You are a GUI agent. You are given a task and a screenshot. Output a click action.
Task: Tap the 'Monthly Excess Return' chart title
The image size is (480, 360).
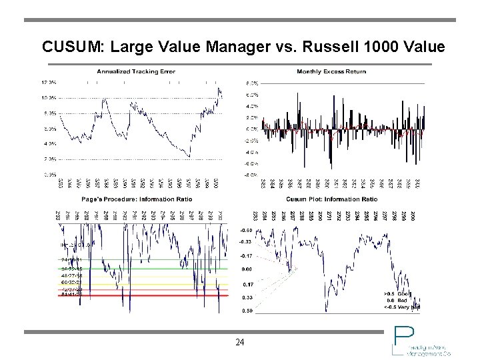[331, 71]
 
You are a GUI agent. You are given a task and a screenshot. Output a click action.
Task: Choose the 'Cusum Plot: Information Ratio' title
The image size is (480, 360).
[331, 199]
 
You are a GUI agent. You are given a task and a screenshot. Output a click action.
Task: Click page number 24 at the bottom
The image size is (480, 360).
[240, 343]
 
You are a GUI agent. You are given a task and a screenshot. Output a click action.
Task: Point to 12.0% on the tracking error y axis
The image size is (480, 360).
[49, 83]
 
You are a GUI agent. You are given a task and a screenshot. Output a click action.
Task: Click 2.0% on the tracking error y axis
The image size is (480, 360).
[49, 159]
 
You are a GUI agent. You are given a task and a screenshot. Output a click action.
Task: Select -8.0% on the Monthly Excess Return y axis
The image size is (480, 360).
[251, 175]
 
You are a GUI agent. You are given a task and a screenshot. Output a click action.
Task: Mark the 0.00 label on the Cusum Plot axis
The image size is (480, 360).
[247, 269]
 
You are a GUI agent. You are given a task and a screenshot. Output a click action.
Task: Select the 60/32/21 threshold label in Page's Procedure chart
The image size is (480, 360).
[71, 281]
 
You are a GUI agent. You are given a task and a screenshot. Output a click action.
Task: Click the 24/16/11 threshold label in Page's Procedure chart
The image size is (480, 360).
[71, 259]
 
